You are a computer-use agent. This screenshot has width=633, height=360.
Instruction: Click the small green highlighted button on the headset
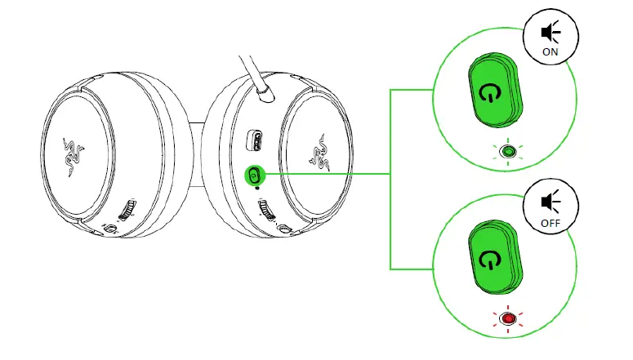point(254,174)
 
